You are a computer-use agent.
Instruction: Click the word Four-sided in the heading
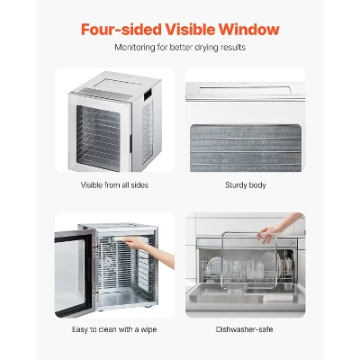pyautogui.click(x=121, y=30)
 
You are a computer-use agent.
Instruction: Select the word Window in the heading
pyautogui.click(x=249, y=30)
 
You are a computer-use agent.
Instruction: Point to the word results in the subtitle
pyautogui.click(x=233, y=48)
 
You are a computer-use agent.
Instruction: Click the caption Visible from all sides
pyautogui.click(x=114, y=185)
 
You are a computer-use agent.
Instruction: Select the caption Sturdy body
pyautogui.click(x=246, y=185)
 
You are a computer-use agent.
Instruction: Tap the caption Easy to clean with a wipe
pyautogui.click(x=114, y=329)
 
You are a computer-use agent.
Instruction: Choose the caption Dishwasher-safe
pyautogui.click(x=244, y=329)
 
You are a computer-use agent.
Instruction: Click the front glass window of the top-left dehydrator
pyautogui.click(x=98, y=138)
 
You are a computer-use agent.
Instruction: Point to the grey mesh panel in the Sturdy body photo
pyautogui.click(x=246, y=148)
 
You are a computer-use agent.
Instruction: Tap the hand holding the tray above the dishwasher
pyautogui.click(x=269, y=233)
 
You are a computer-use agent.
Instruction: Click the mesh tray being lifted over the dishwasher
pyautogui.click(x=248, y=260)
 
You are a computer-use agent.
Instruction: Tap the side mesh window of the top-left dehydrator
pyautogui.click(x=148, y=132)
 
